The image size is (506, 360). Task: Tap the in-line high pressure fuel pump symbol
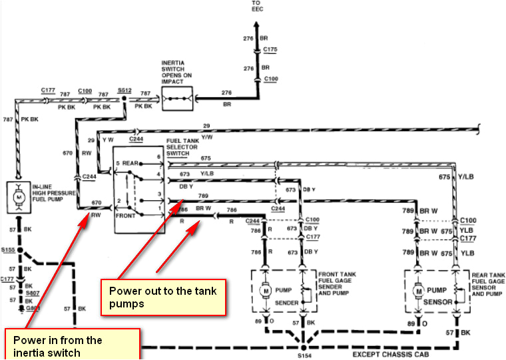[x=18, y=196]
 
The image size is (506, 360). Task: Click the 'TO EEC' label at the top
[x=257, y=6]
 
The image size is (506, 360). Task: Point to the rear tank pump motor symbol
[x=419, y=291]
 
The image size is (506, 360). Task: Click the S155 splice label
[x=9, y=251]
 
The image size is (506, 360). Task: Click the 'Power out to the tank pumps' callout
[x=163, y=296]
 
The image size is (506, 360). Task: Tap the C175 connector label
[x=270, y=49]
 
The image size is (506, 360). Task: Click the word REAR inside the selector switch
[x=130, y=163]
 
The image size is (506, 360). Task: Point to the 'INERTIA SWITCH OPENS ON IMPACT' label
[x=177, y=72]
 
